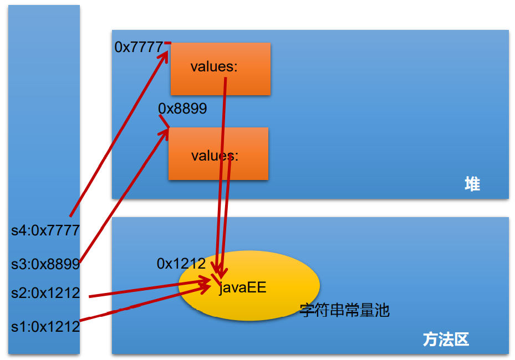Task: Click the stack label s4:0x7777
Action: point(46,230)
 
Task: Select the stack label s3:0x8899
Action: point(46,264)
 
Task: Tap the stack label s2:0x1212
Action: point(46,293)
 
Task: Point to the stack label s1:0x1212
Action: point(46,326)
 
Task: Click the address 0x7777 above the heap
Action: point(139,48)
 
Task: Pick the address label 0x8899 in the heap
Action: point(182,109)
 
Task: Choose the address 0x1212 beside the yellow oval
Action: point(181,264)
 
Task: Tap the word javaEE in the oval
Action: point(242,287)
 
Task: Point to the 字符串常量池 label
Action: point(344,310)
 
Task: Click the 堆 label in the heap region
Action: point(472,184)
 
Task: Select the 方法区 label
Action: point(446,339)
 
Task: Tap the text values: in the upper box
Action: point(214,67)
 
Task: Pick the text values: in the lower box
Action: point(215,156)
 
